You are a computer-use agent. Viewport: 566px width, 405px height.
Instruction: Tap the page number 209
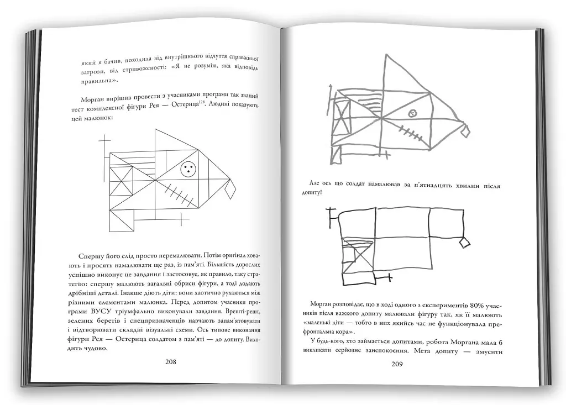(x=397, y=364)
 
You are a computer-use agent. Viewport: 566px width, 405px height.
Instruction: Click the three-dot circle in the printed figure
(x=188, y=170)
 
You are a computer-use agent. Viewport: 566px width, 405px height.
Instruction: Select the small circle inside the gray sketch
(x=412, y=113)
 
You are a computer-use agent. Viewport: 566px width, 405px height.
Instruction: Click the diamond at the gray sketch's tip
(x=465, y=131)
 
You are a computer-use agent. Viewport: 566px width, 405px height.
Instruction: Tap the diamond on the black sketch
(x=465, y=241)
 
